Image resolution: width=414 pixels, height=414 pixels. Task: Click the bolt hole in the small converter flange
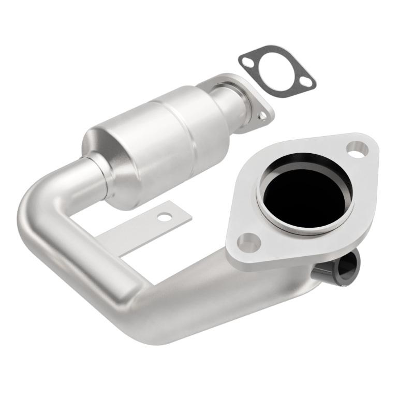(263, 116)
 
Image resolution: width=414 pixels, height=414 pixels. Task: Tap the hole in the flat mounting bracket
(165, 217)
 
